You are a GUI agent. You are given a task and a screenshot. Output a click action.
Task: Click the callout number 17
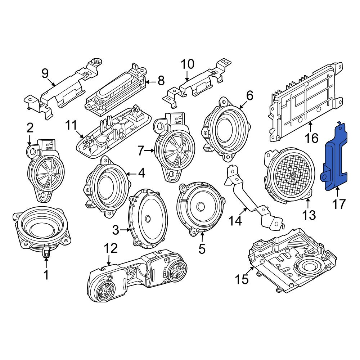click(x=339, y=204)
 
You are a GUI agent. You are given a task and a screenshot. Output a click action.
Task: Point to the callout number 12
click(x=111, y=248)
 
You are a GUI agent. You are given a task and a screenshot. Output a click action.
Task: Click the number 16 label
click(x=311, y=138)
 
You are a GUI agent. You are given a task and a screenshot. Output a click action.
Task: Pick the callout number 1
click(x=46, y=274)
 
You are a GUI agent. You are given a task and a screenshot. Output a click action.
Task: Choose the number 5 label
click(x=202, y=249)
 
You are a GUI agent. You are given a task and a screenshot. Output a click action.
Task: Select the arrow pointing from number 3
click(x=126, y=229)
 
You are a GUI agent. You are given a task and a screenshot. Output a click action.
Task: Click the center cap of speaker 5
click(x=201, y=206)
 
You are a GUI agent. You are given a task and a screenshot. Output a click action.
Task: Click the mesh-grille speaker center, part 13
click(x=292, y=175)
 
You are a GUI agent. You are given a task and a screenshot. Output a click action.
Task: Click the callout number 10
click(x=188, y=64)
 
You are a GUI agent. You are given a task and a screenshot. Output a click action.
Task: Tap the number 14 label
click(x=235, y=221)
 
